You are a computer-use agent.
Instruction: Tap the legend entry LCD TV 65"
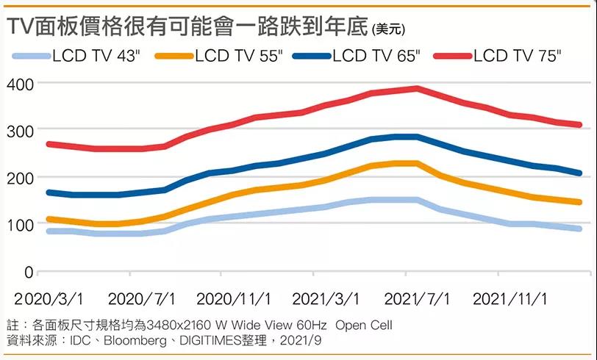click(376, 56)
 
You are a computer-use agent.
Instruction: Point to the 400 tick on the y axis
click(20, 84)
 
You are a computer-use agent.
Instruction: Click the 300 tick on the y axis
click(20, 131)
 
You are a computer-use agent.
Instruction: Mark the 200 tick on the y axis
click(20, 178)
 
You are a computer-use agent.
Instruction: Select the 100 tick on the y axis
click(20, 225)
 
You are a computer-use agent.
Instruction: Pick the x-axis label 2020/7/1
click(142, 299)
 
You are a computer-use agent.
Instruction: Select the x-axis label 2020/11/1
click(234, 299)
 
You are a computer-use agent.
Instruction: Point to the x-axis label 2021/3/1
click(326, 299)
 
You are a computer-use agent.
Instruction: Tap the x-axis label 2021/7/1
click(418, 299)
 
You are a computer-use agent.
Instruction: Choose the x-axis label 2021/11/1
click(510, 299)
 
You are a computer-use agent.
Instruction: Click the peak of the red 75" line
click(417, 88)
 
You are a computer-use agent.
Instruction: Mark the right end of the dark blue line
click(579, 173)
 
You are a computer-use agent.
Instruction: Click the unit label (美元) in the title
click(390, 29)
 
